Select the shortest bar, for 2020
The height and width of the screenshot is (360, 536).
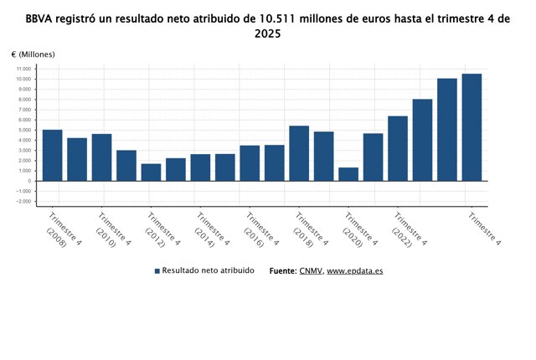[348, 174]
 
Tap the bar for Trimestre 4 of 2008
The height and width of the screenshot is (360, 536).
[53, 155]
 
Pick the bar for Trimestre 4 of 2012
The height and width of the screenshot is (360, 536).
[151, 172]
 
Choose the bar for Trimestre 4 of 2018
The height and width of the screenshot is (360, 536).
[299, 153]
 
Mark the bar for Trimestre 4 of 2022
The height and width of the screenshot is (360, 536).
[398, 148]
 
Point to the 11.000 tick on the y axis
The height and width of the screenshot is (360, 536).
[23, 69]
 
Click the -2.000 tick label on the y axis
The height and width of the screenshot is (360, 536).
[23, 202]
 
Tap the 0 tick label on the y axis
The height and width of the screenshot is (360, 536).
[29, 181]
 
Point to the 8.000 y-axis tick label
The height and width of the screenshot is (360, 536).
[23, 100]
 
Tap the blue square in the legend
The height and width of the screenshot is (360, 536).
[157, 272]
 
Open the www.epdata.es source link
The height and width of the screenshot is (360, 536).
[355, 272]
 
